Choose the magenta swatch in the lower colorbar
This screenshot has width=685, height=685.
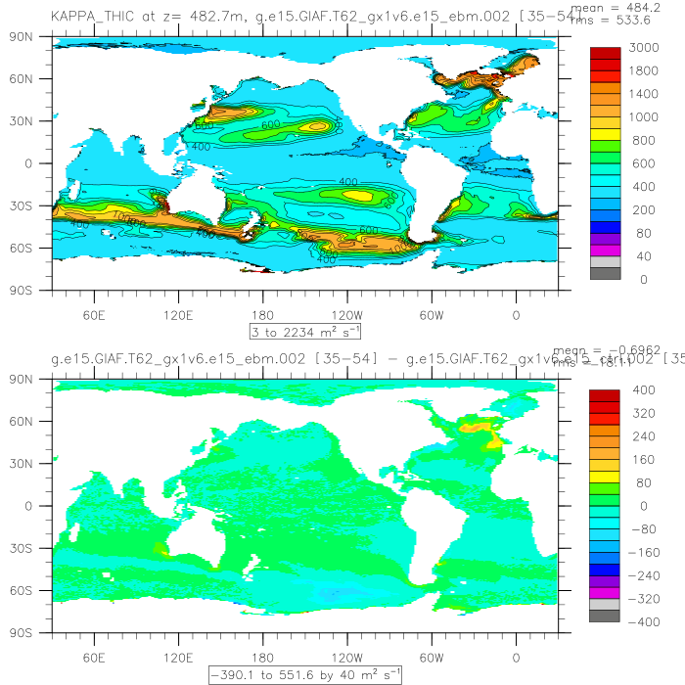[x=604, y=593]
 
